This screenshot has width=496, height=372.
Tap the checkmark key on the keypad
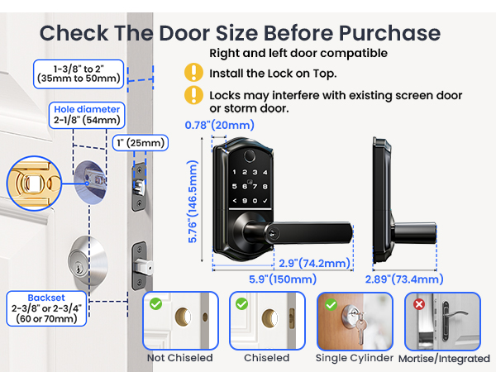[265, 201]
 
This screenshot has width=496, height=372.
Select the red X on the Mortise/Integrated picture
[419, 304]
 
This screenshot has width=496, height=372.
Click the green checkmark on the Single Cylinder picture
[331, 304]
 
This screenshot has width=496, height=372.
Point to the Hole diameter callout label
[87, 115]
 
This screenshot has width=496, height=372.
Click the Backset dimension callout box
[46, 308]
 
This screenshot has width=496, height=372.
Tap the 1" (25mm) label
[141, 143]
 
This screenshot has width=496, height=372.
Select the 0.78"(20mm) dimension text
[220, 125]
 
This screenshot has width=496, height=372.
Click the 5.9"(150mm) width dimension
[283, 279]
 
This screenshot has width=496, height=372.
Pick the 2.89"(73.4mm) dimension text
[404, 279]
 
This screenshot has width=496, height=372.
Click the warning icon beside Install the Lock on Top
[193, 73]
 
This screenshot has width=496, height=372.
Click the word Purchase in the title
[389, 33]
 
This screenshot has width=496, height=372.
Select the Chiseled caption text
[267, 357]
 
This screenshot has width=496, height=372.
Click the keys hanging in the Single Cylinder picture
[360, 329]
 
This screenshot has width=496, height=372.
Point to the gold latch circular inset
[34, 184]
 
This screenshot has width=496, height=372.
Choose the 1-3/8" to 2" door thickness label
[79, 74]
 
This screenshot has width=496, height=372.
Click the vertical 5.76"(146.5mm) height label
[193, 202]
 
